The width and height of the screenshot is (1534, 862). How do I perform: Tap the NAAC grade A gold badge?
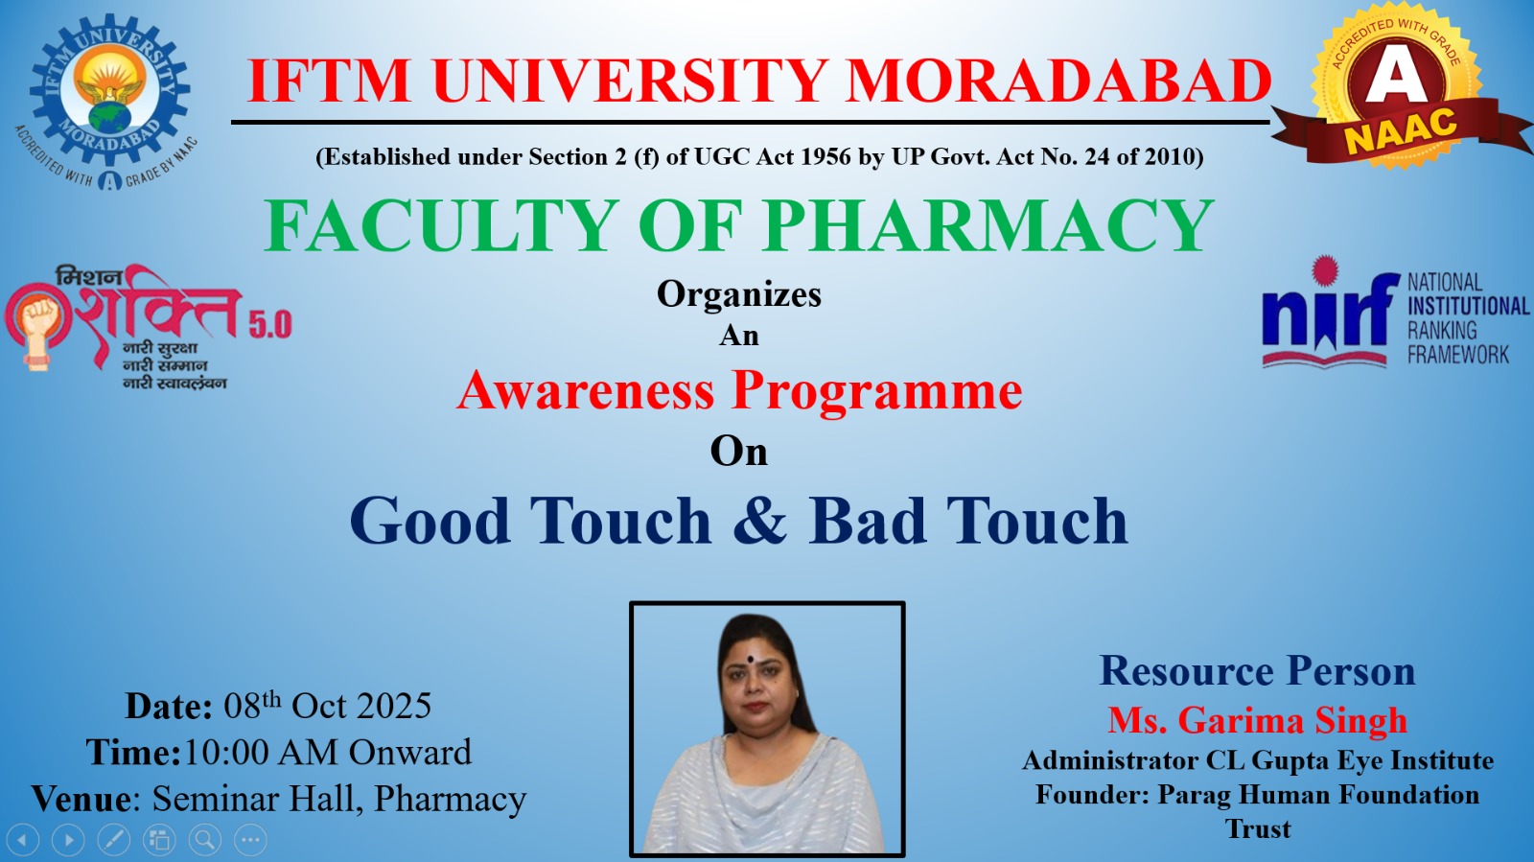1397,85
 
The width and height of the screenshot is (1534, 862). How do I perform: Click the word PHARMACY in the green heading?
988,226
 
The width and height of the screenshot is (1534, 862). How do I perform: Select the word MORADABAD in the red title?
1058,81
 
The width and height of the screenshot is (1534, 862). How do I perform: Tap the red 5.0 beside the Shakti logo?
269,324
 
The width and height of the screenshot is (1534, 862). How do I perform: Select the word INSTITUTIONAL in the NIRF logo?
1468,306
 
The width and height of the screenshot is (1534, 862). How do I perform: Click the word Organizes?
739,294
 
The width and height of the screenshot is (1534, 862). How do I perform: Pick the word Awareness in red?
586,390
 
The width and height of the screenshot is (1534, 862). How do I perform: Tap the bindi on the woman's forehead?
750,660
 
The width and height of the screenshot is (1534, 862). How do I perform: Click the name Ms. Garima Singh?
1258,720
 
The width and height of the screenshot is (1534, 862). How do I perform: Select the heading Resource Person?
1257,670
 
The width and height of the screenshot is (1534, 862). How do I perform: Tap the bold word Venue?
81,799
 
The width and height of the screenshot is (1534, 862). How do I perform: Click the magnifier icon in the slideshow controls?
205,839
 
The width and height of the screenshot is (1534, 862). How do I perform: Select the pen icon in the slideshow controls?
114,839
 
